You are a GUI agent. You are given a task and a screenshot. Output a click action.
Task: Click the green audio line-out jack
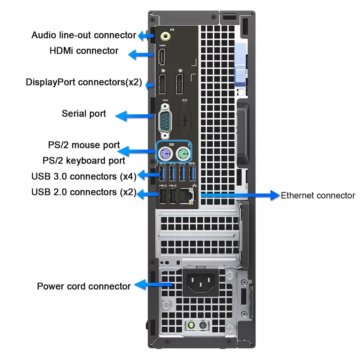point(165,36)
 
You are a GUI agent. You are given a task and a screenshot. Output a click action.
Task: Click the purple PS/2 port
point(165,153)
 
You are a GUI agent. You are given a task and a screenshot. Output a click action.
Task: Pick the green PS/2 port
point(183,153)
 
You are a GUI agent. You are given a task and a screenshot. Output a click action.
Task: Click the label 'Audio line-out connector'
point(84,35)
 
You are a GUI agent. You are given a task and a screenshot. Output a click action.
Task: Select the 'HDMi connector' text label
point(84,51)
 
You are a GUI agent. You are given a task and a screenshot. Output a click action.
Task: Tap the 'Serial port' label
point(84,113)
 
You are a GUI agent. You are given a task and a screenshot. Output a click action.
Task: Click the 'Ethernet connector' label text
point(318,195)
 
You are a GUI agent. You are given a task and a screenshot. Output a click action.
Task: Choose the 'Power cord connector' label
point(84,286)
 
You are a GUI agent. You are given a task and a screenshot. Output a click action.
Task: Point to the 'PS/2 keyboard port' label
point(84,161)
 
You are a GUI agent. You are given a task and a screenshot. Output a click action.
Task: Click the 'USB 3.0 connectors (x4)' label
point(84,176)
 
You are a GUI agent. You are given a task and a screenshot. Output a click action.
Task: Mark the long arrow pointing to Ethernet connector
point(240,195)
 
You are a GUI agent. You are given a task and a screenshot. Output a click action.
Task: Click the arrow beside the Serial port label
point(133,115)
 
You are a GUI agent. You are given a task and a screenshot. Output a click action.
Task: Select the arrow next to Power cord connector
point(152,285)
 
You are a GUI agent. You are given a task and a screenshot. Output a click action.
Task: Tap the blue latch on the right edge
point(241,66)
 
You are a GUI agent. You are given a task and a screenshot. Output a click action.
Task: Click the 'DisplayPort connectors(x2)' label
point(84,82)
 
